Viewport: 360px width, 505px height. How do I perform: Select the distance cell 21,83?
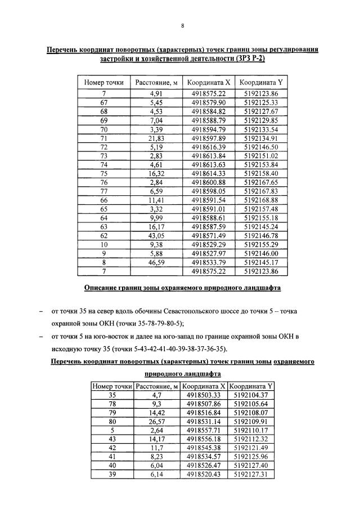click(x=156, y=138)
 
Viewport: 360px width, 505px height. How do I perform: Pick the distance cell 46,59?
click(x=156, y=263)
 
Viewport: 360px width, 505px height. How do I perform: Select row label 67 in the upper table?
click(x=103, y=102)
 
